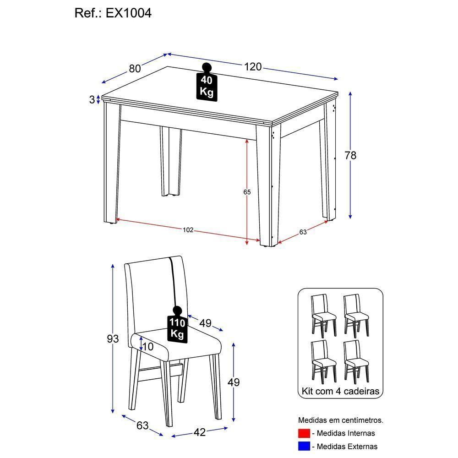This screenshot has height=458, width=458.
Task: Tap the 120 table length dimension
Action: (252, 67)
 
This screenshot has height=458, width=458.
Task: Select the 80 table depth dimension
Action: (135, 69)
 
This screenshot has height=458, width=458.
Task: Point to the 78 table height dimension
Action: (350, 156)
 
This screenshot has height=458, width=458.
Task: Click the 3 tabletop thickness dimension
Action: (92, 99)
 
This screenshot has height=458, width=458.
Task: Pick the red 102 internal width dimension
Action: (188, 230)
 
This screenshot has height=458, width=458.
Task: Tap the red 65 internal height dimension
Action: (247, 192)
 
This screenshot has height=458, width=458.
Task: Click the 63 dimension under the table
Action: (303, 232)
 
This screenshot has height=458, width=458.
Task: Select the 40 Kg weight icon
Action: (207, 83)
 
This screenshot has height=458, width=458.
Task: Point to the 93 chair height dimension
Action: (113, 339)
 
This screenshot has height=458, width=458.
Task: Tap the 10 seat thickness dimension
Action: (148, 347)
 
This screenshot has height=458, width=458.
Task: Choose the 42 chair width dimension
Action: (200, 431)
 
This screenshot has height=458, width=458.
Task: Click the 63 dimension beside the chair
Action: (142, 425)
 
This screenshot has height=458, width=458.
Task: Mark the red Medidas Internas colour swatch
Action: (304, 433)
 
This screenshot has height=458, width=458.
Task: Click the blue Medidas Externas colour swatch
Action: (304, 446)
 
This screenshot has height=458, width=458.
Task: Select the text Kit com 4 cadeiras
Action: (340, 392)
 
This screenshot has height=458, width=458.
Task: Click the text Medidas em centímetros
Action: (341, 420)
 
